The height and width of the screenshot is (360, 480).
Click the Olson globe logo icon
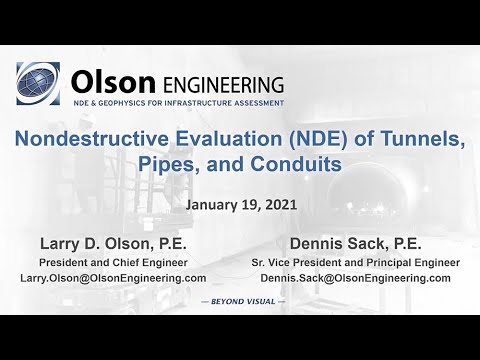(38, 83)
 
